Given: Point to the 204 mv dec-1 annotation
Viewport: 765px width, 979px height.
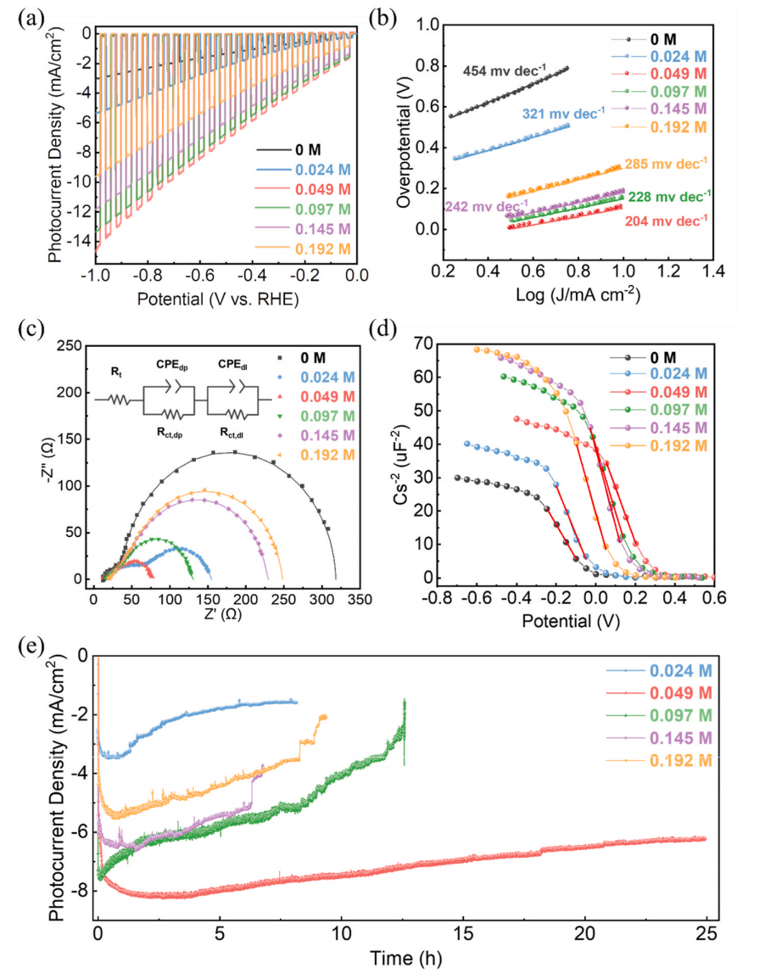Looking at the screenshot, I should [x=667, y=221].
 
